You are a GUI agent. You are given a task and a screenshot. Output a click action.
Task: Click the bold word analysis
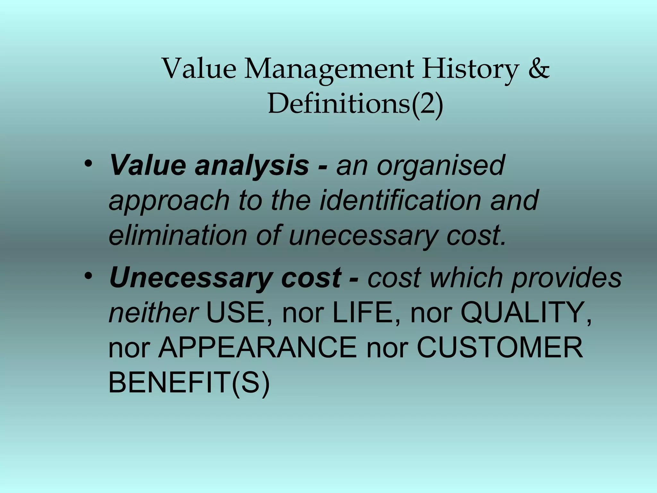coord(252,166)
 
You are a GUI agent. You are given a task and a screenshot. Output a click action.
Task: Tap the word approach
coord(169,201)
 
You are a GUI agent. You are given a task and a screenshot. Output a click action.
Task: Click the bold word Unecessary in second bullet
coord(189,278)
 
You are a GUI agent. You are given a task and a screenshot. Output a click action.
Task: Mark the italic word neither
coord(153,313)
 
